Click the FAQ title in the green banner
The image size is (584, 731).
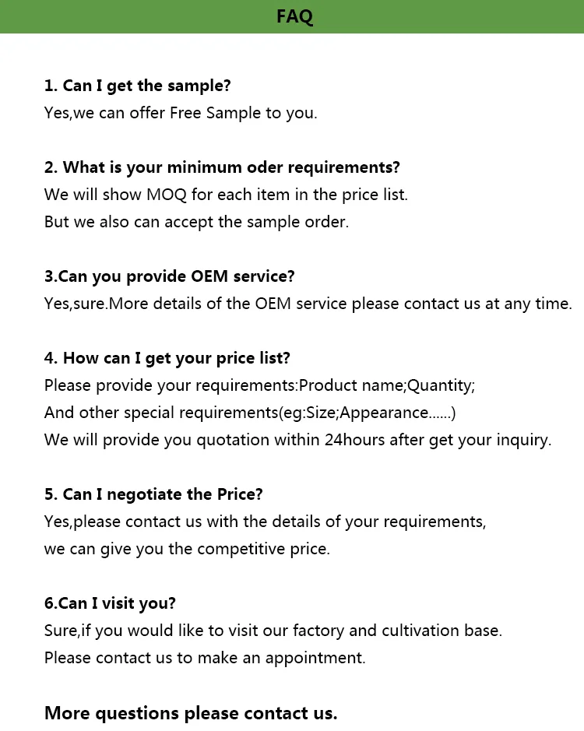294,16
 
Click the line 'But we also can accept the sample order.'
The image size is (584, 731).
196,222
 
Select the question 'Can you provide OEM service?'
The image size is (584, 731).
169,276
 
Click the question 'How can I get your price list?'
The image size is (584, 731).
167,358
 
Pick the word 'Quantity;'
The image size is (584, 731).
442,385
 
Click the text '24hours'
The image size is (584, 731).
354,440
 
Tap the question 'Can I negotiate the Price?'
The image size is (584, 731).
153,494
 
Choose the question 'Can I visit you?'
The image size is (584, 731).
110,603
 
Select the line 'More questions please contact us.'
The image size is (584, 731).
191,713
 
